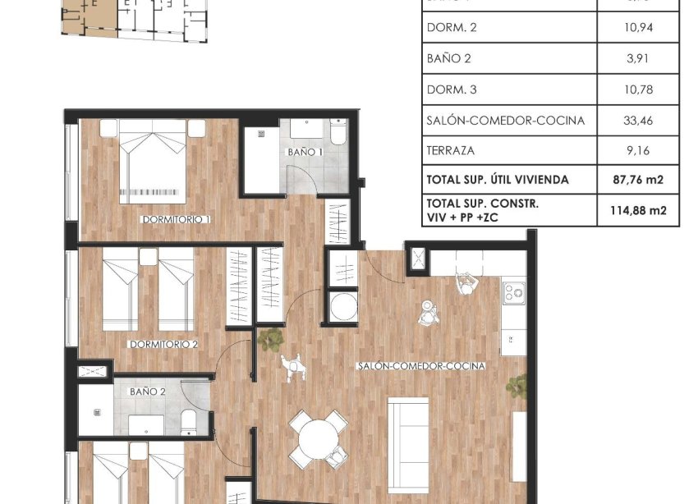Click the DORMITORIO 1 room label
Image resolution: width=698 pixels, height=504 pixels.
click(x=177, y=220)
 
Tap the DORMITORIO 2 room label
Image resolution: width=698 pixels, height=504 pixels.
click(x=163, y=344)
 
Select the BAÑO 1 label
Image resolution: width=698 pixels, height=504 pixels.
click(x=305, y=153)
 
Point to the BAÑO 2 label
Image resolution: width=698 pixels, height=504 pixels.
click(x=148, y=392)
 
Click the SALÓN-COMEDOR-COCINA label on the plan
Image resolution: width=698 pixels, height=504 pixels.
click(x=421, y=366)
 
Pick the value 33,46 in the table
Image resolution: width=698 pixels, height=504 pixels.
click(x=638, y=121)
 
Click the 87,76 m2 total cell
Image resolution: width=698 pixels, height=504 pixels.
click(x=638, y=180)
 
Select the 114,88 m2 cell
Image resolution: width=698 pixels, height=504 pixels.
click(x=638, y=211)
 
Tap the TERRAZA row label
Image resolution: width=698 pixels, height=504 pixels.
click(x=451, y=151)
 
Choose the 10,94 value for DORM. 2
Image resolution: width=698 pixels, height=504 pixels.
click(x=638, y=27)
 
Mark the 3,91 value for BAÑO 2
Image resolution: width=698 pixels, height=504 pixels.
click(x=638, y=58)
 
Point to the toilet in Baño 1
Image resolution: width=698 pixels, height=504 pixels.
click(x=338, y=133)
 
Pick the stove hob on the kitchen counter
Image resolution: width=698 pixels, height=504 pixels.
click(x=515, y=291)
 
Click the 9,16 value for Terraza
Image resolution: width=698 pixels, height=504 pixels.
click(x=638, y=151)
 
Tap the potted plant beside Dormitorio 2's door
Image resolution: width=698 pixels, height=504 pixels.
click(x=269, y=337)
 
